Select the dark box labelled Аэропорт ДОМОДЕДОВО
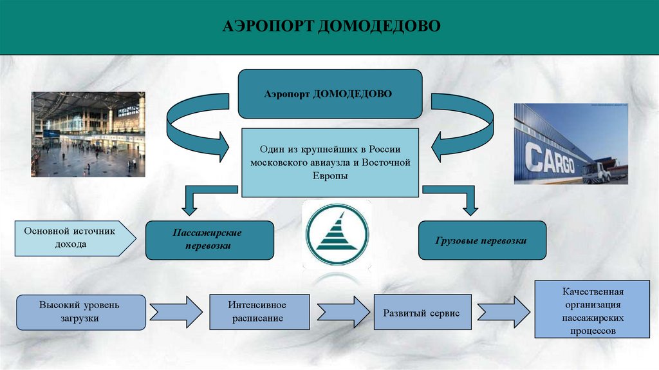pos(330,93)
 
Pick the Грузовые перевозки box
pos(483,240)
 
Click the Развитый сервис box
pos(422,312)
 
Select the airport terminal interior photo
pos(89,134)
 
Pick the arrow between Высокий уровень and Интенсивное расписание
pos(176,312)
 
